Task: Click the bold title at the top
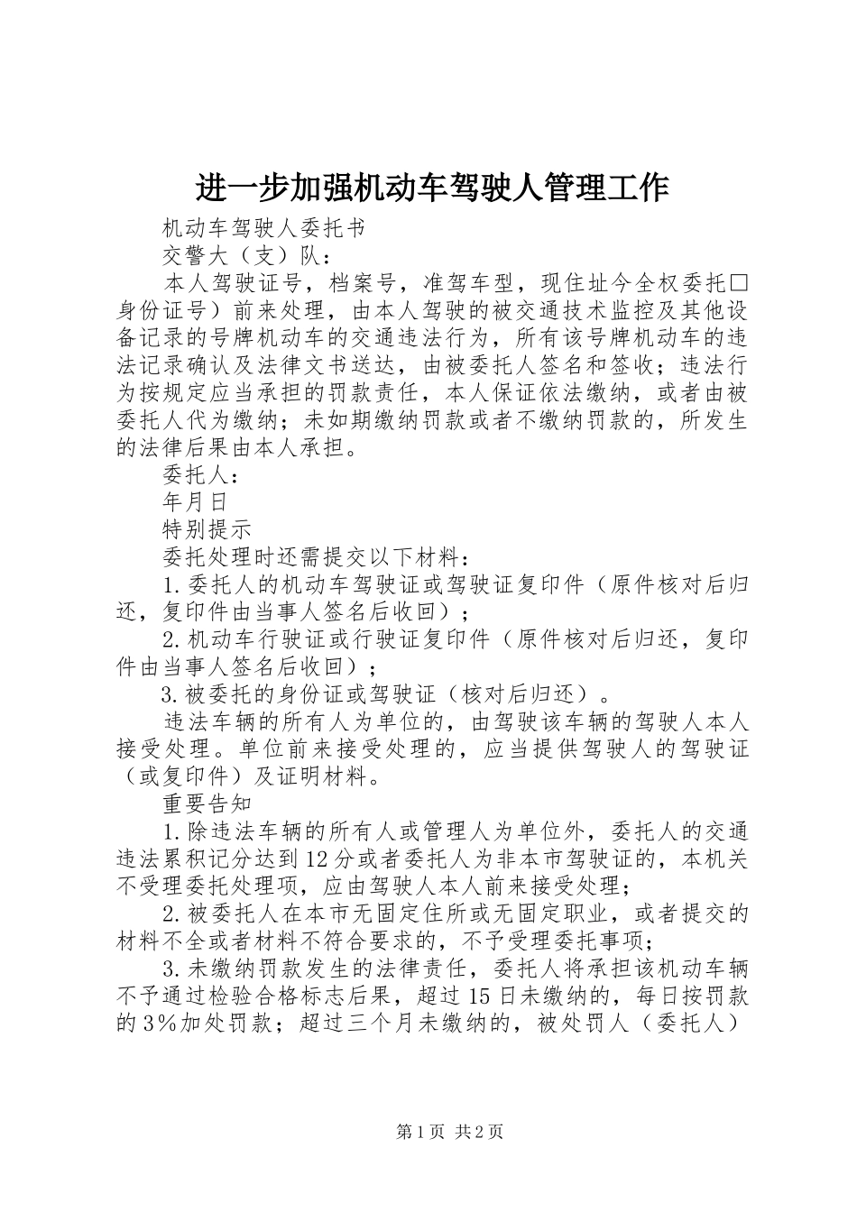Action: pos(431,188)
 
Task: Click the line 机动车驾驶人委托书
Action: pos(263,229)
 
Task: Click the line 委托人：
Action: pos(200,473)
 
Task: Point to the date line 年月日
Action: pos(194,501)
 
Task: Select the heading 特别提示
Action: pos(207,528)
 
